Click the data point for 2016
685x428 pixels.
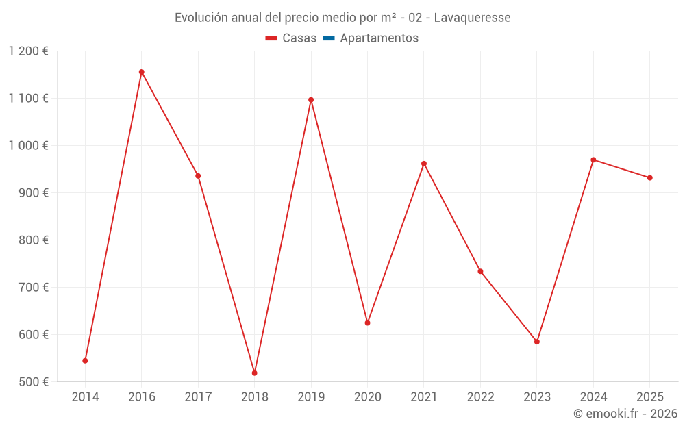[142, 72]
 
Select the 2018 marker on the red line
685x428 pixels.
[255, 373]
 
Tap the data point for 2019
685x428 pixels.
[311, 100]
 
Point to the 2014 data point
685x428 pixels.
[85, 361]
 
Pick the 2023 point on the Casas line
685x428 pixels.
[537, 342]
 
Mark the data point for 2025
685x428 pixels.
[650, 178]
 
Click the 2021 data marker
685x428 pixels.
[424, 164]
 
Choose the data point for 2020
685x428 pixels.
[368, 323]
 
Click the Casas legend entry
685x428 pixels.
[291, 38]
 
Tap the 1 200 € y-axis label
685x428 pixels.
[28, 51]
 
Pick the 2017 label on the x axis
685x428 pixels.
[198, 397]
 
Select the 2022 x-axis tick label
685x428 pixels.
[480, 397]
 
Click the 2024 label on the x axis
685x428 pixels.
[593, 397]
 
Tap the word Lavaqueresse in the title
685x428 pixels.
[472, 17]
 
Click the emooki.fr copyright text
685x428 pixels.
[625, 414]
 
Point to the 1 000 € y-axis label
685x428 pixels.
[28, 146]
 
